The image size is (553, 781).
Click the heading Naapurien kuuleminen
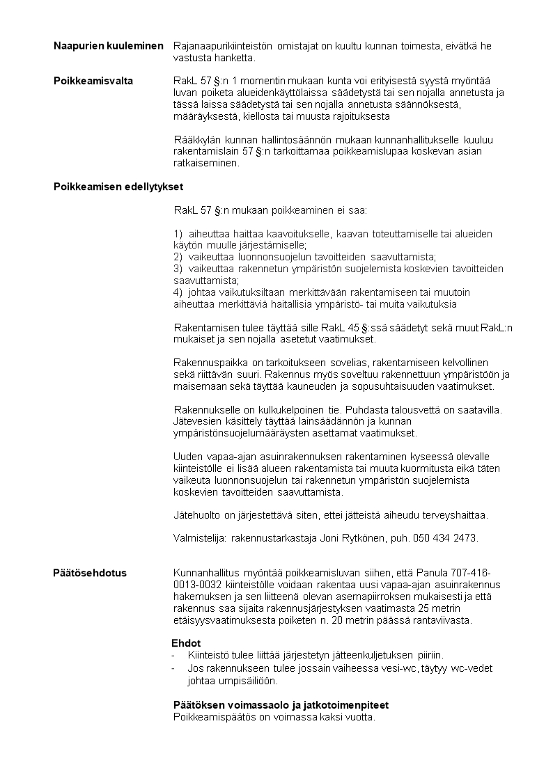tap(109, 46)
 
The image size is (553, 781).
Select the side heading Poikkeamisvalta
tap(93, 81)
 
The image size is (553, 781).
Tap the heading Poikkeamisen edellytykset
tap(118, 187)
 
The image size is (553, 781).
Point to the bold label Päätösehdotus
tap(90, 574)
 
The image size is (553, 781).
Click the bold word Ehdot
tap(186, 643)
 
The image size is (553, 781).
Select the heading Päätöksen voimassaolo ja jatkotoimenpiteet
tap(281, 704)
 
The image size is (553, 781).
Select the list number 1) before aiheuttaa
tap(178, 234)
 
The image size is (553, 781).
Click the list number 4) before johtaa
tap(178, 292)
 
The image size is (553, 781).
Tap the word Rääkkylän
tap(197, 139)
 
